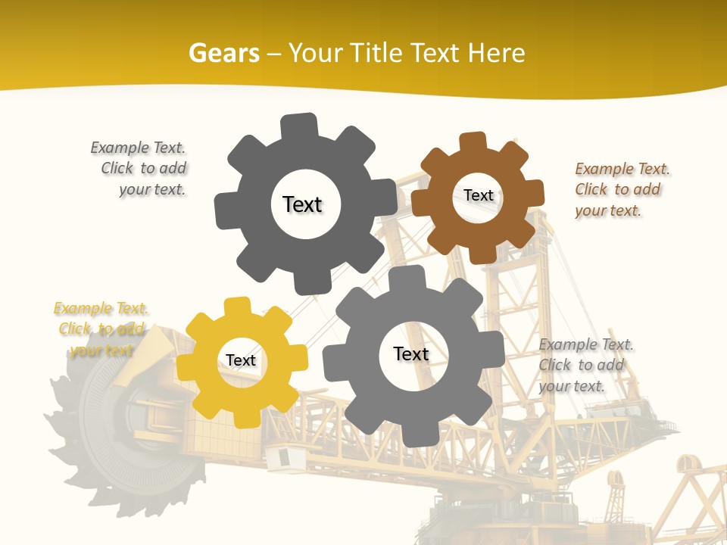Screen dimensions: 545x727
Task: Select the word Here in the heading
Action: (496, 53)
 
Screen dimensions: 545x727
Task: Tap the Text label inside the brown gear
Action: (479, 195)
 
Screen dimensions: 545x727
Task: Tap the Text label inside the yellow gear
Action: (241, 360)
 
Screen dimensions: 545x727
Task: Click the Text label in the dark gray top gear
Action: (302, 204)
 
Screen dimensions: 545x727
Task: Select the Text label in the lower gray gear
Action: (411, 353)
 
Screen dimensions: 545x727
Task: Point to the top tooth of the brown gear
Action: (473, 142)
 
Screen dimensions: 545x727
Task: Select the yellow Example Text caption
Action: (101, 329)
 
